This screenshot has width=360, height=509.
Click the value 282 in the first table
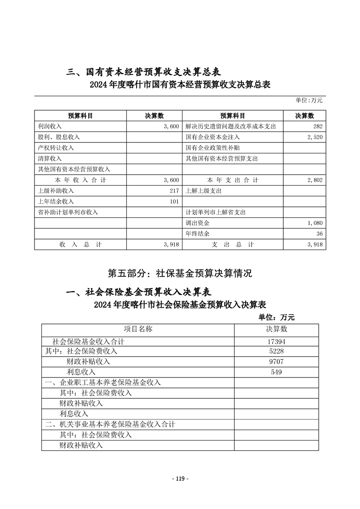click(x=317, y=127)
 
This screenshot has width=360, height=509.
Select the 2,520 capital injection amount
click(x=314, y=137)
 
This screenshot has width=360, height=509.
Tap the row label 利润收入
click(x=50, y=127)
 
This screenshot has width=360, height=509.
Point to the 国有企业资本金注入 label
click(x=212, y=137)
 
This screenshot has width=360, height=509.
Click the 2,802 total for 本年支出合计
click(x=314, y=180)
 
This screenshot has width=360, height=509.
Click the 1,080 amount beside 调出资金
click(x=314, y=223)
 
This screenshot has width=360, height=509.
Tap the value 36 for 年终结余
click(x=319, y=234)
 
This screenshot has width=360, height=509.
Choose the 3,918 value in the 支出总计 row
click(x=314, y=245)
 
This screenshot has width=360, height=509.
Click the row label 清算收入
click(x=50, y=159)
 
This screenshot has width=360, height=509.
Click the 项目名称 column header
click(x=138, y=329)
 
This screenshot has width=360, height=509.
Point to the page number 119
click(x=180, y=479)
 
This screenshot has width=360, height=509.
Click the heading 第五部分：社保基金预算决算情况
click(x=180, y=273)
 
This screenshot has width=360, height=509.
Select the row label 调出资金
click(x=197, y=223)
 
